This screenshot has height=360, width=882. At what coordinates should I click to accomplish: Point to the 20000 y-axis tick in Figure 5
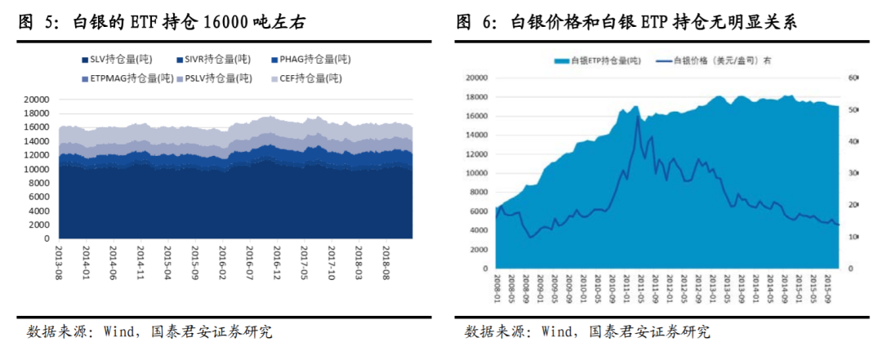[37, 99]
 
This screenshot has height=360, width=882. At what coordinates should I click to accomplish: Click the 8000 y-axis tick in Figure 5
[39, 183]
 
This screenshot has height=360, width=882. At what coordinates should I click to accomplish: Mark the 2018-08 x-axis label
[385, 263]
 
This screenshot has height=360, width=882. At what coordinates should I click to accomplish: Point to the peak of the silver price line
[637, 116]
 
